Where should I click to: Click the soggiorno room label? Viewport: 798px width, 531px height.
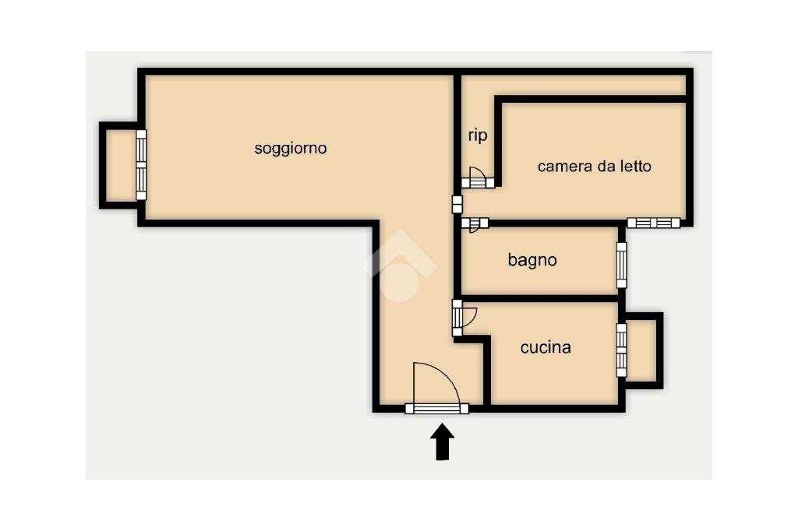[x=291, y=148]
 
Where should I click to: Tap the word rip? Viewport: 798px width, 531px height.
[x=478, y=135]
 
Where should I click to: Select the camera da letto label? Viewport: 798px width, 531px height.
[x=594, y=166]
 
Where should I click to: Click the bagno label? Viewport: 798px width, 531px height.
[x=532, y=260]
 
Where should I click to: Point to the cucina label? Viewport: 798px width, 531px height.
[x=546, y=347]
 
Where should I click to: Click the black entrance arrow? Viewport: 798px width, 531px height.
[x=443, y=441]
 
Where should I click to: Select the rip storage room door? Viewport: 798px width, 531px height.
[x=477, y=179]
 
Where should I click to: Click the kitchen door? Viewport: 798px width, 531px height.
[x=464, y=317]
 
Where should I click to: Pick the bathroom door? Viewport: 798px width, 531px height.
[x=475, y=223]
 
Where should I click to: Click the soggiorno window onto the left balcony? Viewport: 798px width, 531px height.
[x=141, y=164]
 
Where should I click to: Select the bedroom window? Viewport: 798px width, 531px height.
[x=653, y=223]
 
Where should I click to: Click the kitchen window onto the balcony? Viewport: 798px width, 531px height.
[x=621, y=350]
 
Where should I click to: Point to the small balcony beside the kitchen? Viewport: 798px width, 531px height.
[x=642, y=350]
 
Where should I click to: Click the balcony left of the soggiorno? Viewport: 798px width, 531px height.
[x=120, y=165]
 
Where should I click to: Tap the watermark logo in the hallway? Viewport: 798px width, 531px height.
[x=399, y=265]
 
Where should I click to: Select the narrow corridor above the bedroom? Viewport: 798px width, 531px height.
[x=577, y=85]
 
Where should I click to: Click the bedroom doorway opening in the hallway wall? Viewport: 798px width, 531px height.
[x=457, y=204]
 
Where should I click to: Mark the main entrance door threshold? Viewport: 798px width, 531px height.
[x=436, y=408]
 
